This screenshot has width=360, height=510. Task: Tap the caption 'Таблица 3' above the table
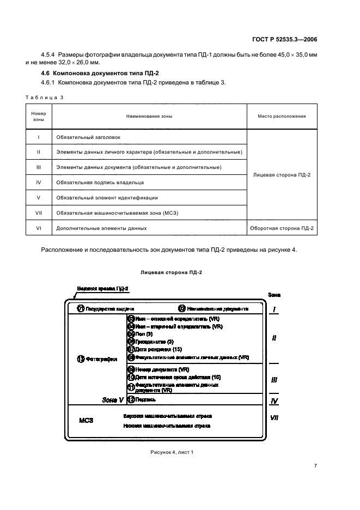coord(45,97)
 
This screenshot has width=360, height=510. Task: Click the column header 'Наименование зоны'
coord(149,116)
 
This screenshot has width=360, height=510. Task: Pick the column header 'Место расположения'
coord(282,116)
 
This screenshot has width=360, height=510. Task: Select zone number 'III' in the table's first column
coord(39,167)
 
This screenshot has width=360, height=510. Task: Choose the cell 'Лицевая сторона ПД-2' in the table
coord(282,175)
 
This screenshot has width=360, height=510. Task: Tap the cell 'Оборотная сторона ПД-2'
coord(282,228)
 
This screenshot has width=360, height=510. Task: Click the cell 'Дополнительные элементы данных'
coord(102,228)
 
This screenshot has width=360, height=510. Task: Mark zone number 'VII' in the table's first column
coord(39,212)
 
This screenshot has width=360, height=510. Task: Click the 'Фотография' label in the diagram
coord(101,359)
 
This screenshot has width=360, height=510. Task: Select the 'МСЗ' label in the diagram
coord(86,421)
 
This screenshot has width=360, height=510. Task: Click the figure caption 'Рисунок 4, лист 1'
coord(172,452)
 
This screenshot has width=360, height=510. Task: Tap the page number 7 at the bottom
coord(315,466)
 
